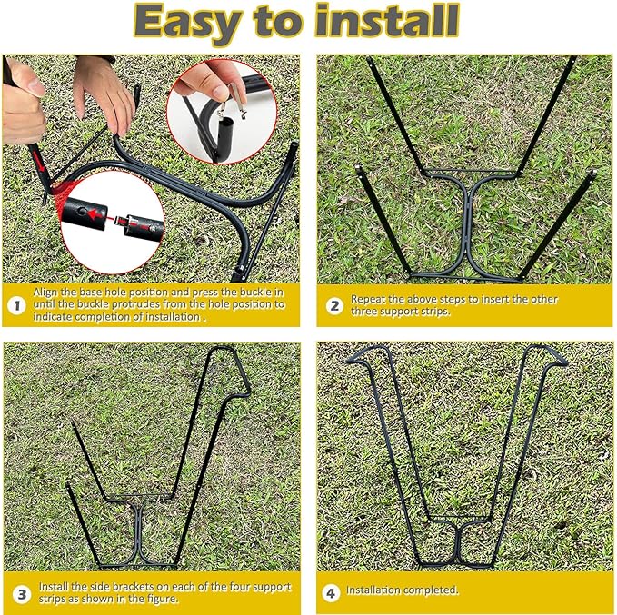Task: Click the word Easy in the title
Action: [188, 23]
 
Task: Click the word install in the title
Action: [387, 21]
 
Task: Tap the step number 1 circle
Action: [16, 305]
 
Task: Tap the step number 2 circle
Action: [334, 306]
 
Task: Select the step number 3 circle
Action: [22, 594]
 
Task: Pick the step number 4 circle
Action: [331, 592]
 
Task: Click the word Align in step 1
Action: [45, 293]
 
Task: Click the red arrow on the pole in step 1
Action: [38, 161]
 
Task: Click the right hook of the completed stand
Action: [549, 353]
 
